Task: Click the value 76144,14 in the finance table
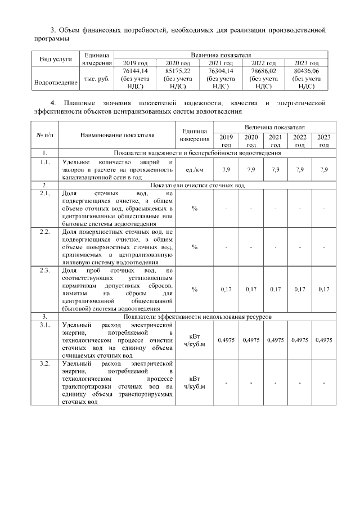pyautogui.click(x=134, y=71)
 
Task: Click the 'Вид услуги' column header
pyautogui.click(x=55, y=59)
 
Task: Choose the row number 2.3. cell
pyautogui.click(x=44, y=271)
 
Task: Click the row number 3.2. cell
pyautogui.click(x=44, y=364)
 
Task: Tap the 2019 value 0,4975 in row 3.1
pyautogui.click(x=226, y=340)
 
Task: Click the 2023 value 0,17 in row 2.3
pyautogui.click(x=323, y=289)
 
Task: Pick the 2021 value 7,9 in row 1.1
pyautogui.click(x=275, y=169)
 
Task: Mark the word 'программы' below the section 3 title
pyautogui.click(x=52, y=39)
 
